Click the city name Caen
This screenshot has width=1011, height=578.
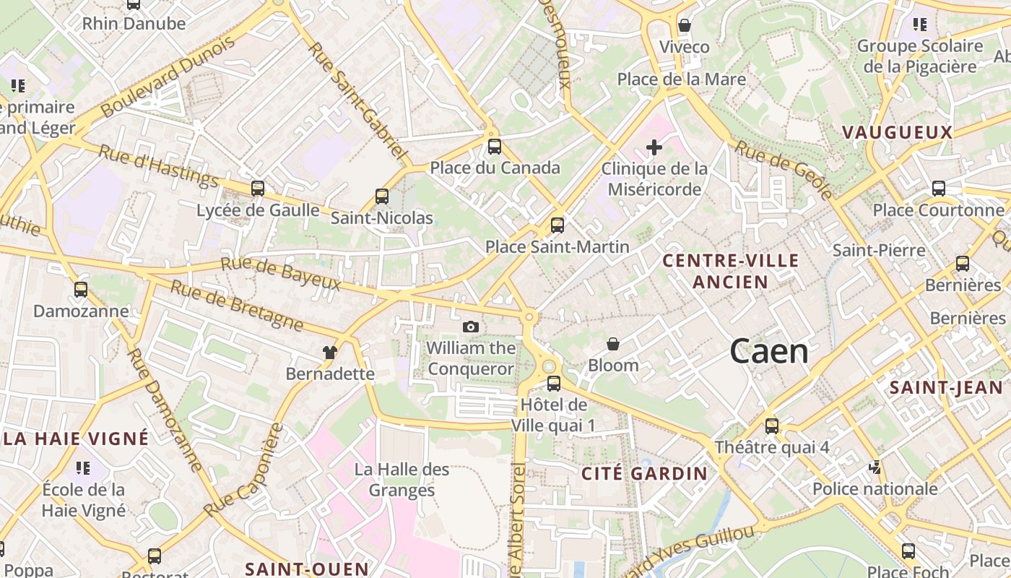click(x=769, y=351)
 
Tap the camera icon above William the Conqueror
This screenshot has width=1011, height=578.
click(x=471, y=327)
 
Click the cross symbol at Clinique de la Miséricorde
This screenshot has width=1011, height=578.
click(x=654, y=147)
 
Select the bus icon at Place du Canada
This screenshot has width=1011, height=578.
click(x=495, y=147)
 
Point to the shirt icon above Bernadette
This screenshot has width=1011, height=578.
click(x=330, y=353)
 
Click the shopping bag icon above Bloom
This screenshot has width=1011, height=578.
click(x=613, y=344)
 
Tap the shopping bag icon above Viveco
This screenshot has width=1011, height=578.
click(x=685, y=25)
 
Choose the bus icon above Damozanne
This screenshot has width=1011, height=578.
click(x=81, y=290)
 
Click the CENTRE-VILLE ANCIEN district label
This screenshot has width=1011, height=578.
click(x=731, y=271)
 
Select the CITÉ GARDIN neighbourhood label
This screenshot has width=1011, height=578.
click(x=645, y=474)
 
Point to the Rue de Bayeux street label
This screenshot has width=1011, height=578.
click(x=280, y=274)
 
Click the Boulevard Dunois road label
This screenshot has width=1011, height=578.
click(x=168, y=77)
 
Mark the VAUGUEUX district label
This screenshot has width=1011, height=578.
click(x=897, y=132)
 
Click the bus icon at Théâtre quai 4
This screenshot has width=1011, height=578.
click(x=772, y=426)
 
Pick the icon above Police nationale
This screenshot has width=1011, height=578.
click(x=875, y=468)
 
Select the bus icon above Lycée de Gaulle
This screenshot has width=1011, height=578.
click(x=258, y=189)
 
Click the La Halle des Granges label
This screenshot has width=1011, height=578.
click(x=402, y=480)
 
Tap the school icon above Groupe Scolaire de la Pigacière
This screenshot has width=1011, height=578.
click(x=920, y=25)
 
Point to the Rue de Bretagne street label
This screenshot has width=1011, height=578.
click(x=237, y=306)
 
